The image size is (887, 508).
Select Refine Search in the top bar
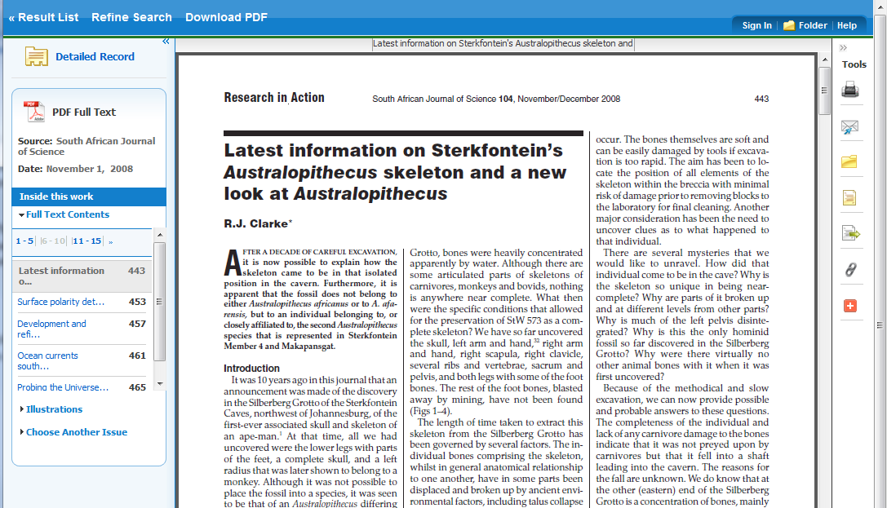[131, 17]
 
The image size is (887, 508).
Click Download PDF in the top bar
[226, 17]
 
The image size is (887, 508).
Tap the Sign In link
[756, 25]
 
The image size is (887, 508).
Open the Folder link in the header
[805, 25]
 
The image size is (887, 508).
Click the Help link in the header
[847, 25]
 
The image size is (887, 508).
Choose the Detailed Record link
[95, 57]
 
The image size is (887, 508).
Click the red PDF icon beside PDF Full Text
[33, 112]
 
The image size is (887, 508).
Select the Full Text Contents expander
[64, 214]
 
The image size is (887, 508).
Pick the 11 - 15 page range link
[86, 241]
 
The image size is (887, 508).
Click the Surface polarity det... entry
[61, 302]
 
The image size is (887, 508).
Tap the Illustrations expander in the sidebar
[54, 409]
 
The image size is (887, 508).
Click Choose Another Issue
[76, 432]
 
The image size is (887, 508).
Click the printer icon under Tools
[850, 91]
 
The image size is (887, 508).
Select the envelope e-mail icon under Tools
[850, 126]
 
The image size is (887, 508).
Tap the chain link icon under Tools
[850, 270]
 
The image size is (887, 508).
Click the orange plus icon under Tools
[850, 306]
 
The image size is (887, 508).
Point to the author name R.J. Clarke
[256, 223]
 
